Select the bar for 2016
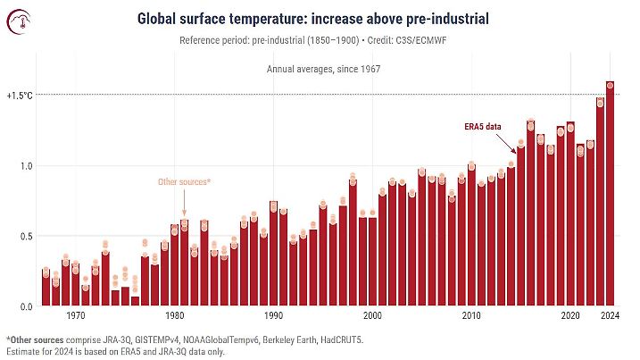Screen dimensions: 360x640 [531, 214]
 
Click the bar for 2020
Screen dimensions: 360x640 [570, 214]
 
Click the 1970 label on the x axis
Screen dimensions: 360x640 [76, 316]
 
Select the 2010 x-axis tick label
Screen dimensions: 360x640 [471, 316]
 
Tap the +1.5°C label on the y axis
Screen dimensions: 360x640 [19, 95]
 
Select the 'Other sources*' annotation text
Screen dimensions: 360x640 [184, 182]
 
